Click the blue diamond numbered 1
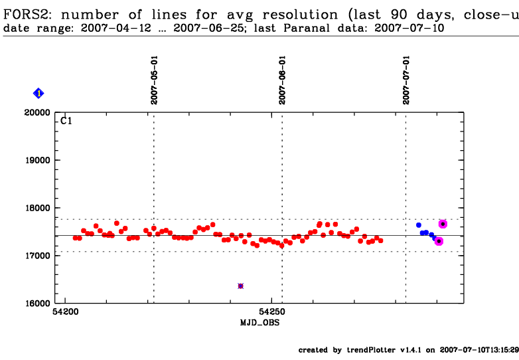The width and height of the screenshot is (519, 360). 38,94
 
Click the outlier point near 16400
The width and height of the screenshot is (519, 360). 241,286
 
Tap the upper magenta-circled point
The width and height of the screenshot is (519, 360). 443,225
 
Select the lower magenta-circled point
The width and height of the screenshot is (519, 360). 439,241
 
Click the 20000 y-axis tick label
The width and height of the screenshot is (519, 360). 37,113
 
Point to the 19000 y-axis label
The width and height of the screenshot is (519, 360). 37,160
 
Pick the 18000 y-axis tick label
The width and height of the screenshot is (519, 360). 37,208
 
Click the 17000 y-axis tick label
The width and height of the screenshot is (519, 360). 37,256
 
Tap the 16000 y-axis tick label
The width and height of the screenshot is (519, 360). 37,304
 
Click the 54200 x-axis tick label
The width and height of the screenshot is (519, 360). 65,312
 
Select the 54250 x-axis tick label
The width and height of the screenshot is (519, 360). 271,312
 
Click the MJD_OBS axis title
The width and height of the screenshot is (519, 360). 259,323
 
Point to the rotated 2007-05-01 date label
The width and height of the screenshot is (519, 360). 154,80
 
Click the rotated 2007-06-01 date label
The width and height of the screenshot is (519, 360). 282,80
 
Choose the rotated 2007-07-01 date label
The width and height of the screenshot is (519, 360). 406,80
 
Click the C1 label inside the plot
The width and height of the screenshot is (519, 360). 66,121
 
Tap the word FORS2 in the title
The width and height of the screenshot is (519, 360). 27,15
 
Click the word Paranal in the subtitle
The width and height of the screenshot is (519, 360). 307,28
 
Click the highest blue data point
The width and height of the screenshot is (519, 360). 419,225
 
